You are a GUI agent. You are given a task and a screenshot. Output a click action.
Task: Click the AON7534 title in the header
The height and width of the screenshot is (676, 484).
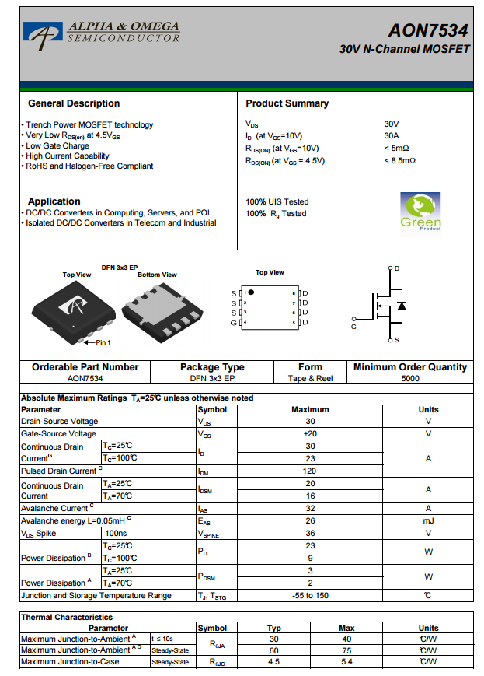coord(428,30)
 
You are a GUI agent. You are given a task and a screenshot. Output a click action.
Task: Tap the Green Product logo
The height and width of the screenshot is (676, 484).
coord(420,212)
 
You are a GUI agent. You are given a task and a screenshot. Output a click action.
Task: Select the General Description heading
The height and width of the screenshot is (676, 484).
coord(74,103)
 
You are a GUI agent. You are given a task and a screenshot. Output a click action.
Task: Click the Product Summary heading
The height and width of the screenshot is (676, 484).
coord(287,103)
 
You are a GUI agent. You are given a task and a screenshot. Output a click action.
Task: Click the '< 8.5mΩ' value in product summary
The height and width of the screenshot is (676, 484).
coord(399,161)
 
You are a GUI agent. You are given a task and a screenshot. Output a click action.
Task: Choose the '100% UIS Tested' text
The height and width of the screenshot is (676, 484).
coord(277,201)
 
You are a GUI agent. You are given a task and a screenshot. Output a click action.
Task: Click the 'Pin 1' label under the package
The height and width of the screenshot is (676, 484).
coord(103,342)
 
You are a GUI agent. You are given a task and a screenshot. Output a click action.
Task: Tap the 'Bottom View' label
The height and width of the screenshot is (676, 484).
coord(157,275)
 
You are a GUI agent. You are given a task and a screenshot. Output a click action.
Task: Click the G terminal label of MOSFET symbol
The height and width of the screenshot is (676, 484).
coord(353,327)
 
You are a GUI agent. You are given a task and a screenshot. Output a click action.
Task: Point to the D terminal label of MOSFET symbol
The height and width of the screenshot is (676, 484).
coord(397,268)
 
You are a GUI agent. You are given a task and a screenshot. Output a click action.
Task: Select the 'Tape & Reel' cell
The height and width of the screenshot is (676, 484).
coord(310,379)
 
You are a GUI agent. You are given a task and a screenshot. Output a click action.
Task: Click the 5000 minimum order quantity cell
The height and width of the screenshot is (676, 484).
coord(410,379)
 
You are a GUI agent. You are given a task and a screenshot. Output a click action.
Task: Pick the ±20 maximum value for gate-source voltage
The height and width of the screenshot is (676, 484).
coord(310,434)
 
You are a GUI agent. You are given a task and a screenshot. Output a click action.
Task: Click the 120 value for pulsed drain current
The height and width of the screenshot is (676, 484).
coord(310,471)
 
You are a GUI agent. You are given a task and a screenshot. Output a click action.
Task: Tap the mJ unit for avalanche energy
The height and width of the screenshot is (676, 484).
coord(428,521)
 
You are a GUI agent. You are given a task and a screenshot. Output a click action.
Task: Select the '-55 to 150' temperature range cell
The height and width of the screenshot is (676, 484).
coord(310,596)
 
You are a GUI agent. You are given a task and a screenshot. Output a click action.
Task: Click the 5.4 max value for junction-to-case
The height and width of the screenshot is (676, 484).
coord(346,662)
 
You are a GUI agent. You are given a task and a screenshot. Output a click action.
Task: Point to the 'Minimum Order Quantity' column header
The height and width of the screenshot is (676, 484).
coord(410,367)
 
